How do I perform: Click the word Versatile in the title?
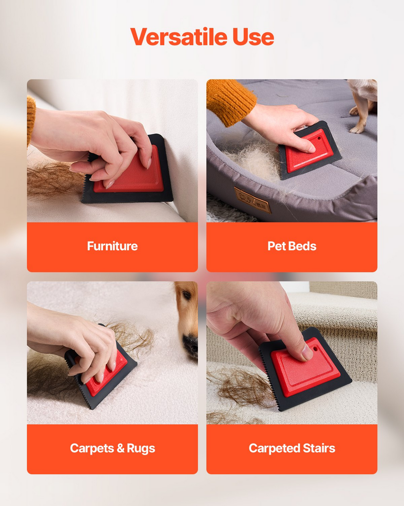179,36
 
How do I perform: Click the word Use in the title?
253,37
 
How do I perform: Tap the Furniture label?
112,246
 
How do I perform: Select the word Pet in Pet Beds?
277,246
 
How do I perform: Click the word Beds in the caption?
302,246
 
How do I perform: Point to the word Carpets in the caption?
92,448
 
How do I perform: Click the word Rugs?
141,448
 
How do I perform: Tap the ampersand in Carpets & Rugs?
120,448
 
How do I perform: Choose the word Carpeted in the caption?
275,448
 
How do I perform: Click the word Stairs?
319,448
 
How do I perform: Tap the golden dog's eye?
187,295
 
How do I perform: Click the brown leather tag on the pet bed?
253,200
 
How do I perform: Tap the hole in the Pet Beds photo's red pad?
319,138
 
